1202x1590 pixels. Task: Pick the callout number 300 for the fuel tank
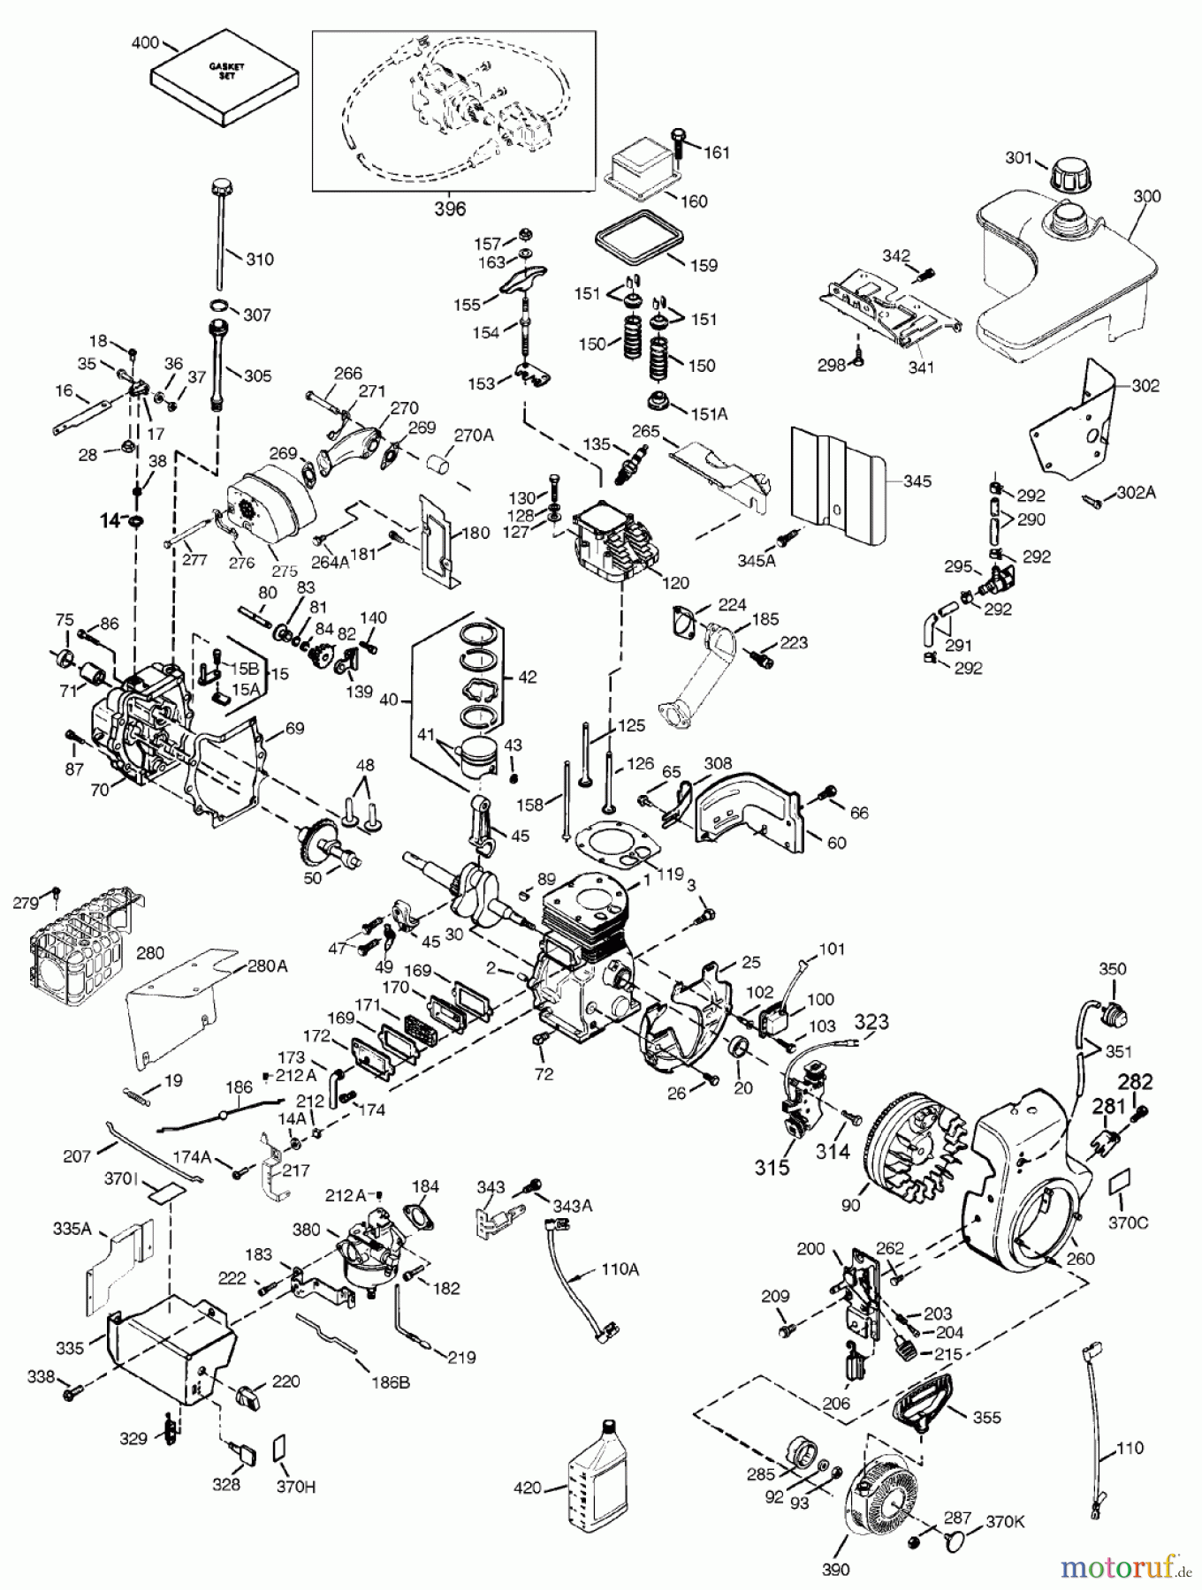(1146, 196)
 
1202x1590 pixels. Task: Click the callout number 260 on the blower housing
(1080, 1259)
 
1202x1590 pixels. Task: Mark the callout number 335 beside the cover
(70, 1348)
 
